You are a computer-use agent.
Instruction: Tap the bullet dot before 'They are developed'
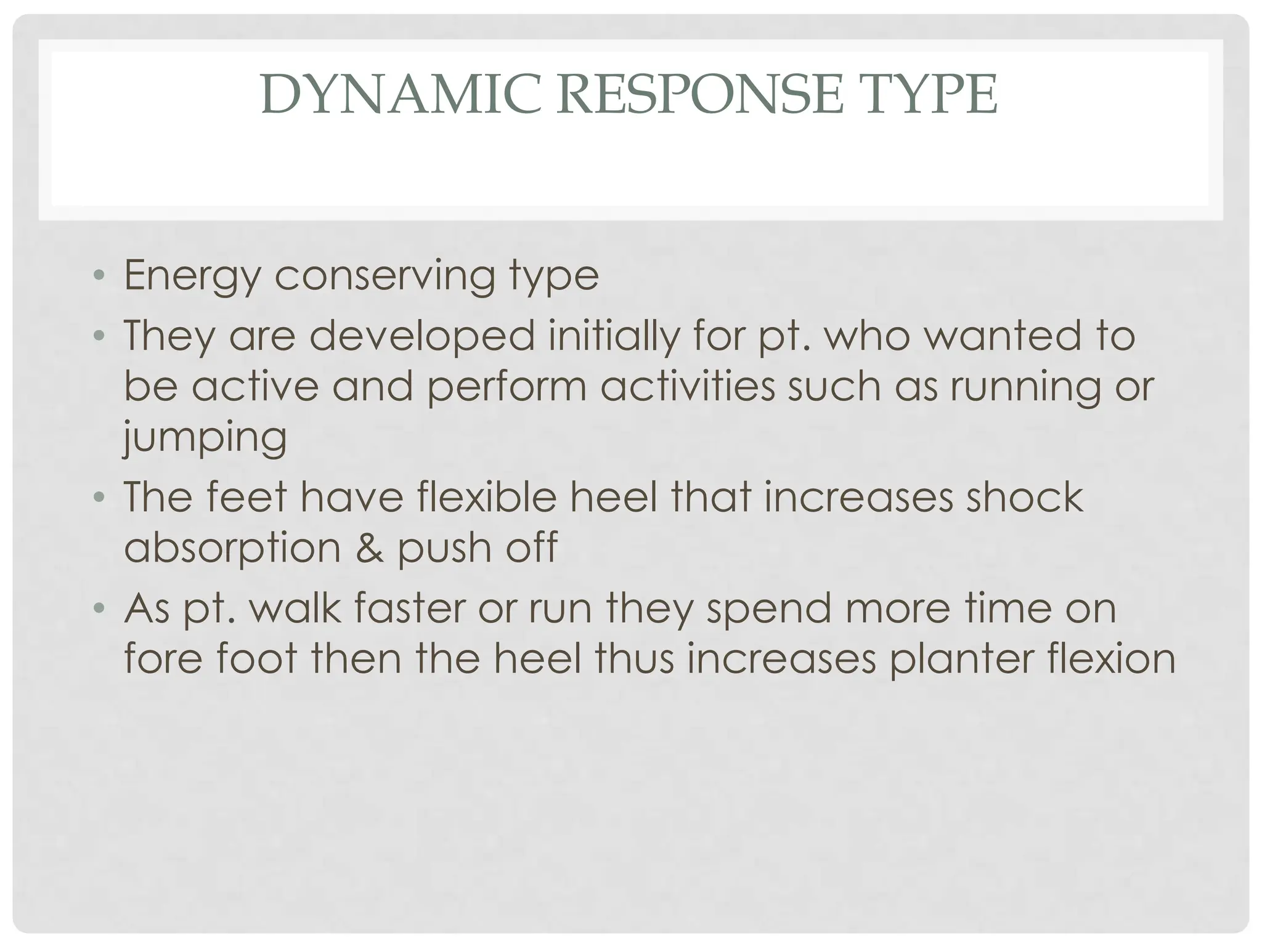point(99,336)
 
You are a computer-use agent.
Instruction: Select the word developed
point(422,336)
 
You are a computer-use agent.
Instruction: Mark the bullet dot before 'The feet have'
point(99,496)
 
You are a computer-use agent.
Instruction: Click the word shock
point(1024,496)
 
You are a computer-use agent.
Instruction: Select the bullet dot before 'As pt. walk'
point(99,608)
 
